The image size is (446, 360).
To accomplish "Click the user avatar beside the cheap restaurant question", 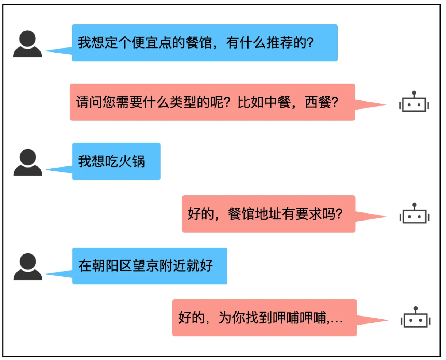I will (x=27, y=44).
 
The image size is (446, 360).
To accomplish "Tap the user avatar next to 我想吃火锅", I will (x=28, y=162).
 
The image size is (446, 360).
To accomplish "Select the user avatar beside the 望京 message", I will (x=28, y=267).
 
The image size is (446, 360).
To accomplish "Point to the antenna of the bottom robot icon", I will (x=415, y=309).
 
